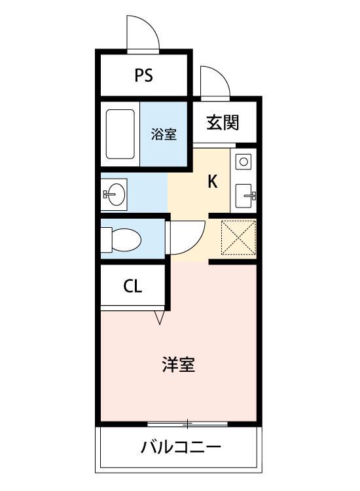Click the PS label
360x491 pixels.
pos(144,75)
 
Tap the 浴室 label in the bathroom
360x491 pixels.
pos(164,134)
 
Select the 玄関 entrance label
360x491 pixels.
pos(223,122)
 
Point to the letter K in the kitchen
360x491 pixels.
pos(213,182)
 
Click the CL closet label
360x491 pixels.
pos(133,286)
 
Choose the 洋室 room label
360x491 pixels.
pos(178,364)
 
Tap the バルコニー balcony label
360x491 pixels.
pos(181,448)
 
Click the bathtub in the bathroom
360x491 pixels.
pos(120,134)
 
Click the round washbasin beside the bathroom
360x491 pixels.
pos(116,194)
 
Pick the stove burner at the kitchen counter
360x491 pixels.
pos(243,161)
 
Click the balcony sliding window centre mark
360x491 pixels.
pos(187,425)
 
